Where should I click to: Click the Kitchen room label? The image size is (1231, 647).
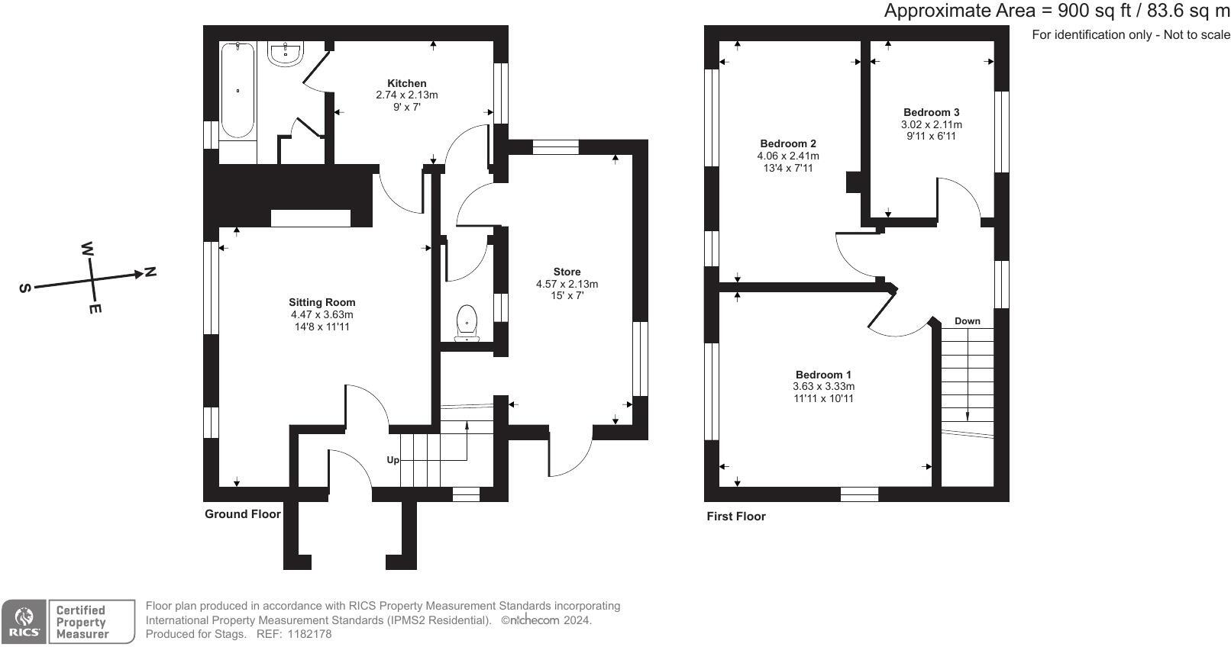coord(406,83)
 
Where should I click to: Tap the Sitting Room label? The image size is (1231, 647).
coord(321,302)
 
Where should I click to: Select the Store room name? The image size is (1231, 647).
coord(567,272)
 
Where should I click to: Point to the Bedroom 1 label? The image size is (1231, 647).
coord(823,375)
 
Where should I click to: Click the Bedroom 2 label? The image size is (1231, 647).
coord(788,143)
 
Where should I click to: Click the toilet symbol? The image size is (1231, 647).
coord(466,322)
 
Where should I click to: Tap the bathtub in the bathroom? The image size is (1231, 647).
coord(237,91)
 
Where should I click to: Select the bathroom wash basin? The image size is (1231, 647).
coord(287,53)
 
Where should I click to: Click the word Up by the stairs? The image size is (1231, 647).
coord(393,460)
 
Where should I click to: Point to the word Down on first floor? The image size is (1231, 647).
coord(967,321)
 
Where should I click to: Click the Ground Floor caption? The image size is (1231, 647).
coord(242,514)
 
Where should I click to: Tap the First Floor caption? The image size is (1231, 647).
coord(735,517)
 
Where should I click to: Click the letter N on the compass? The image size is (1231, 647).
coord(150,272)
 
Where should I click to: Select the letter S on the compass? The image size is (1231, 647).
coord(26,288)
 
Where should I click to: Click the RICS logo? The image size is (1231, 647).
coord(24,622)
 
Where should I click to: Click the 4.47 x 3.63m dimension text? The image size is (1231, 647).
coord(321,314)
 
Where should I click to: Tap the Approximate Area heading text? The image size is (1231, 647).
coord(1056,11)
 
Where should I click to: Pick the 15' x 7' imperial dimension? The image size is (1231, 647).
coord(567,296)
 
